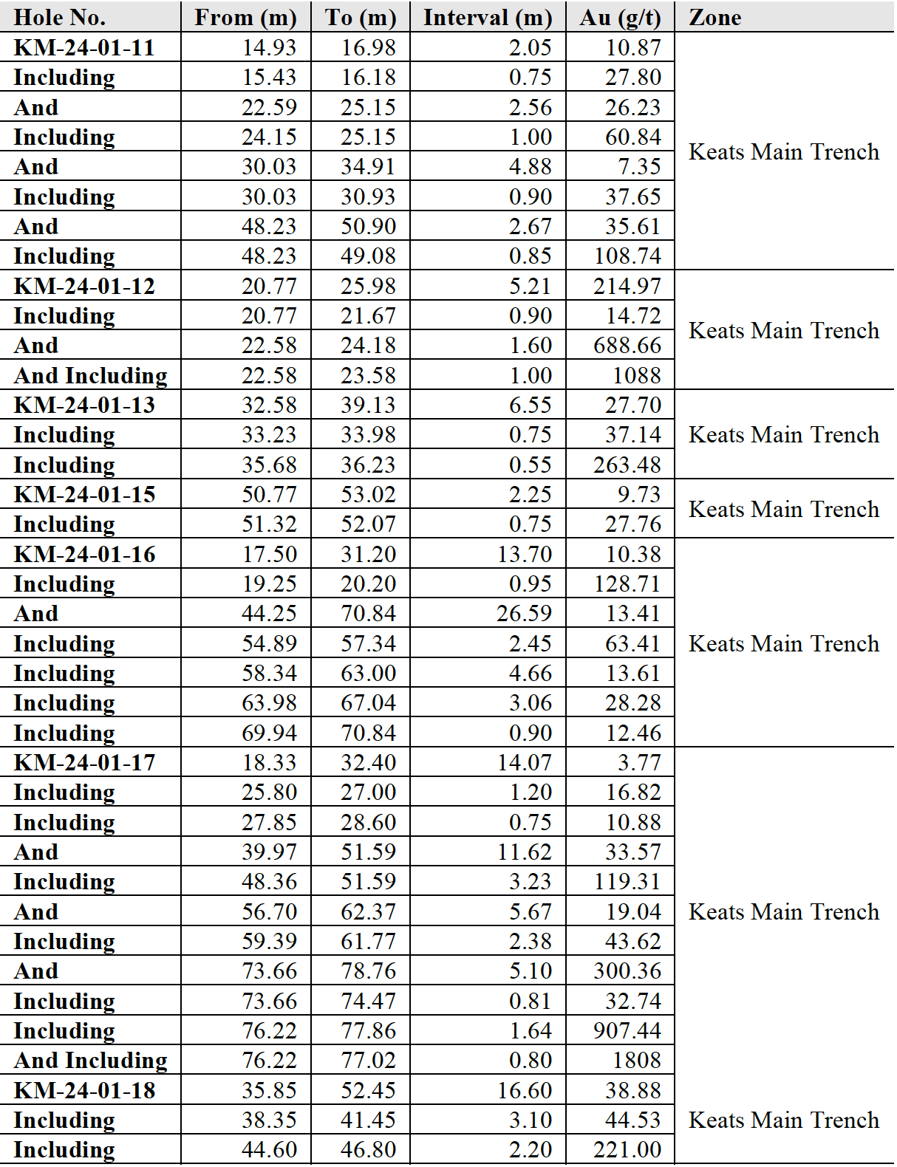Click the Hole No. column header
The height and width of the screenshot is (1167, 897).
click(60, 17)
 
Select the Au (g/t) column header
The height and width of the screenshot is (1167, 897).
click(620, 17)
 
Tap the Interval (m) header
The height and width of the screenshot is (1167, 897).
click(488, 17)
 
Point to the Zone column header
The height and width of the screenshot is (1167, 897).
click(714, 17)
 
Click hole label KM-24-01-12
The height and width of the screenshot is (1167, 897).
click(84, 286)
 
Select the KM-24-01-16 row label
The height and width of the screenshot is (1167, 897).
click(84, 554)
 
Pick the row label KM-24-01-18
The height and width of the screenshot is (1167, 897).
click(84, 1090)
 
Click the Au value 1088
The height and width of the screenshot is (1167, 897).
click(636, 375)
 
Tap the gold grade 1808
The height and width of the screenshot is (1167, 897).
click(636, 1061)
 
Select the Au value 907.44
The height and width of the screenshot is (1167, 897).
click(627, 1030)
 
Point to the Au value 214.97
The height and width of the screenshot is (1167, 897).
click(627, 286)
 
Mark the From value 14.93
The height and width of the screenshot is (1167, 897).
click(269, 48)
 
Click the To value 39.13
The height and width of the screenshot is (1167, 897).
click(368, 405)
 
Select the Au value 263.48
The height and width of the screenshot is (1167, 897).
click(627, 465)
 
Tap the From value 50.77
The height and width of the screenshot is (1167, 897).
click(269, 494)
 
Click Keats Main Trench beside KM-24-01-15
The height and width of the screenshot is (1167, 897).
click(784, 509)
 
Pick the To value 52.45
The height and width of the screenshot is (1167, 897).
click(368, 1090)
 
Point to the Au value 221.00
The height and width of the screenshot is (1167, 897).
click(627, 1150)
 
